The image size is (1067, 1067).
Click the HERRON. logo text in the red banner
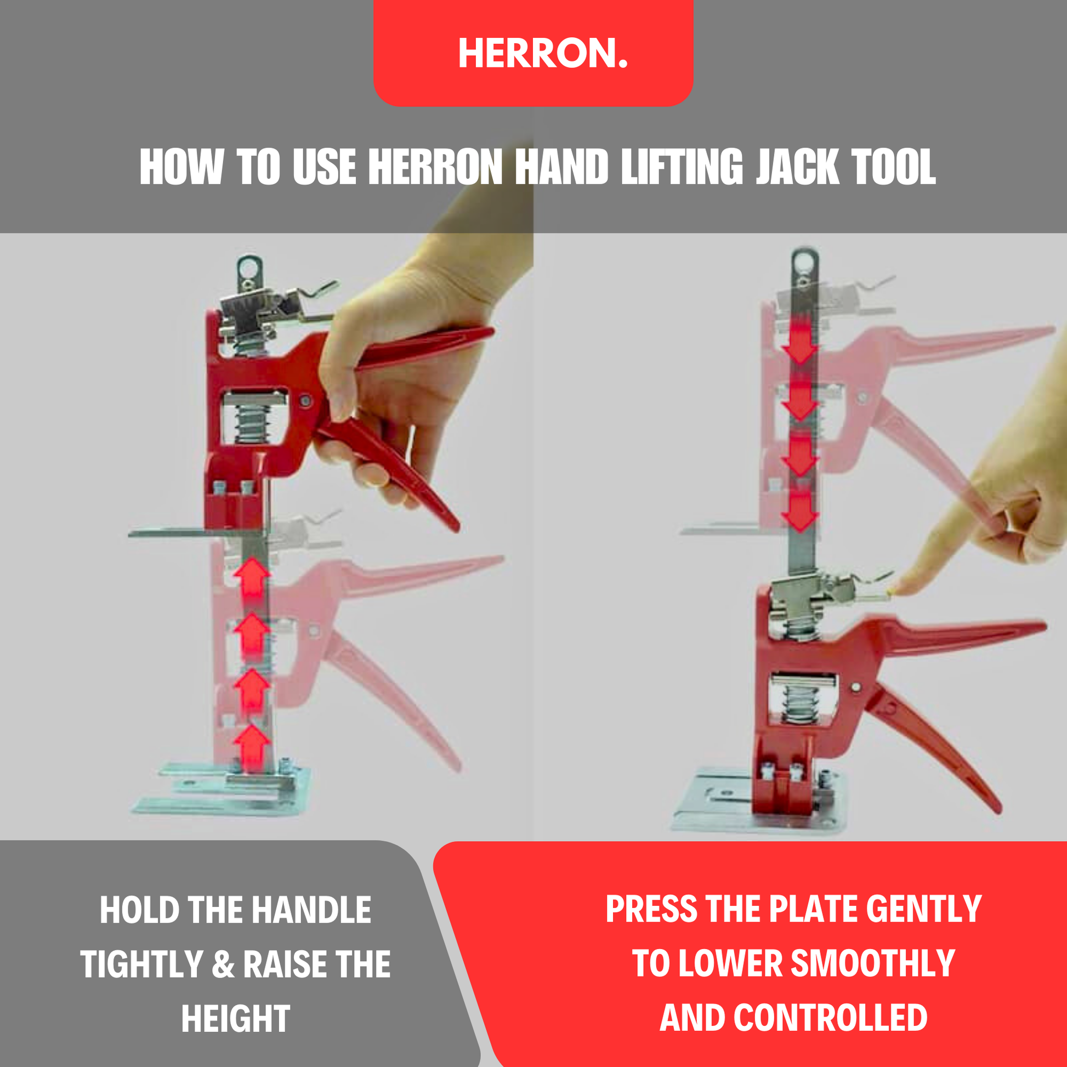[x=543, y=54]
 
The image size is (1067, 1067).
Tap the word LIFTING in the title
[x=682, y=167]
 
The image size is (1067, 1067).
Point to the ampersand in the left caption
[x=223, y=964]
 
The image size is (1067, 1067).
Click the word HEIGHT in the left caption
[x=236, y=1018]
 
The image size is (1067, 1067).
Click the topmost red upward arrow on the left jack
[x=252, y=577]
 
